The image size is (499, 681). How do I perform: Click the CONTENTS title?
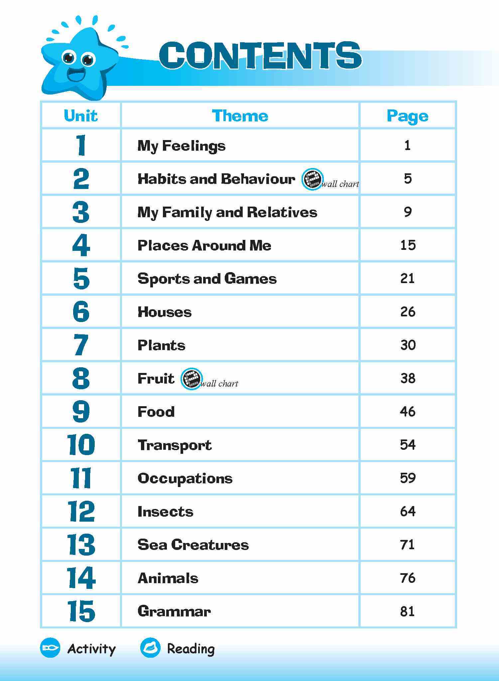point(260,56)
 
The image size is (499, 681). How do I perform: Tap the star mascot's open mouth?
point(76,75)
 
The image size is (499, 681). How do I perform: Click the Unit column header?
point(81,116)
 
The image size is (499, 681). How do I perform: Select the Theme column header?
point(240,116)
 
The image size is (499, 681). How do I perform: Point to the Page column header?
point(408,116)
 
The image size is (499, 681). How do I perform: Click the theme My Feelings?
point(181,146)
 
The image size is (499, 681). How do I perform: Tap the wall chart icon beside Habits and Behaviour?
point(312,179)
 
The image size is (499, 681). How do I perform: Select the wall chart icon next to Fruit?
point(191,379)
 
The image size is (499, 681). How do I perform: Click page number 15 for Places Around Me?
point(408,245)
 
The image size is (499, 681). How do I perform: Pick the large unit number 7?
point(80,345)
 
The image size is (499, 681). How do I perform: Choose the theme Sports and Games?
point(207,279)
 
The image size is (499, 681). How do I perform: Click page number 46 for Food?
point(408,412)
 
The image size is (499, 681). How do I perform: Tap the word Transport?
point(175,445)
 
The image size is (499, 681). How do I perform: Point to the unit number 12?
point(81,511)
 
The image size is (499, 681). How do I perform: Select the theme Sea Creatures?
point(193,545)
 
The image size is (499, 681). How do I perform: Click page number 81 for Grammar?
point(408,611)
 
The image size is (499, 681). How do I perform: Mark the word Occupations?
point(185,478)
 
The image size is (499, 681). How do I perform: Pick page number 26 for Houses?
point(408,312)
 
